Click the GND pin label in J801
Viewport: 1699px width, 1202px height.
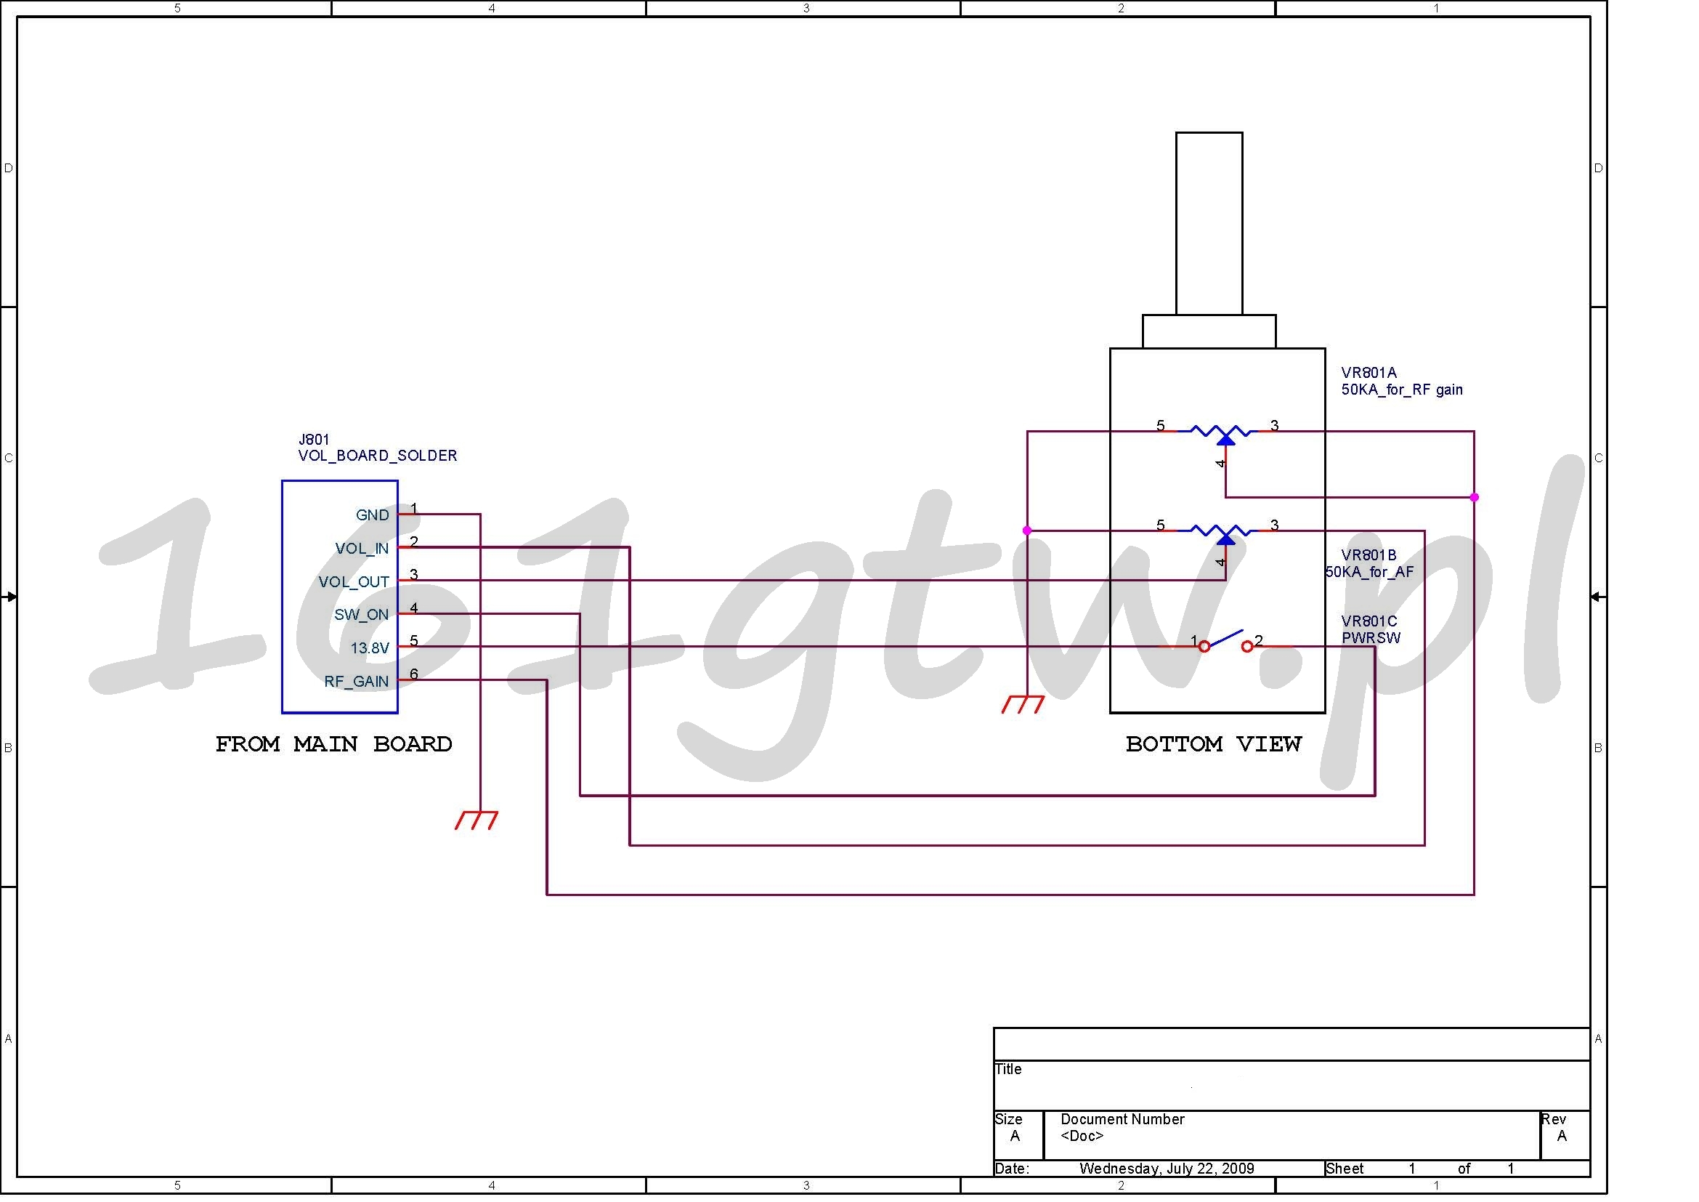click(x=372, y=515)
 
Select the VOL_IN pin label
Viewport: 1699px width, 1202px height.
click(x=362, y=549)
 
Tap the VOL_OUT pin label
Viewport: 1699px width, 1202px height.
click(x=354, y=582)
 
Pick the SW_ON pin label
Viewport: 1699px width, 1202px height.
click(x=361, y=614)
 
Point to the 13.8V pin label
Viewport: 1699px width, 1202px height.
click(x=369, y=648)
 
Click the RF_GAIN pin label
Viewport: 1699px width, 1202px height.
click(x=356, y=682)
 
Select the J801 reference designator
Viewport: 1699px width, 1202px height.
click(x=314, y=440)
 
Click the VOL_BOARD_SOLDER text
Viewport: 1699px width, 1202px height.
click(x=378, y=456)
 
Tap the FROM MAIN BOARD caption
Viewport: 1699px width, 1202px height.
click(x=333, y=744)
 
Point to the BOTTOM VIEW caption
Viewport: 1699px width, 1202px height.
click(x=1214, y=744)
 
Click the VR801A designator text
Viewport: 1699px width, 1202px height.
click(x=1369, y=373)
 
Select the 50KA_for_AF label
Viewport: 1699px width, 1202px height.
click(x=1369, y=572)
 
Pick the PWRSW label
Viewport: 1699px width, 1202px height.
click(x=1371, y=638)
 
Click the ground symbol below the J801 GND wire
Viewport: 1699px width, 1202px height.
click(x=477, y=820)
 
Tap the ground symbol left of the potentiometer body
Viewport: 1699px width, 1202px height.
click(x=1023, y=704)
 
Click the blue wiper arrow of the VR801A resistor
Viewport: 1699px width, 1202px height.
click(x=1225, y=440)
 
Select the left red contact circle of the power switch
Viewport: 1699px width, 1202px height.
click(x=1204, y=647)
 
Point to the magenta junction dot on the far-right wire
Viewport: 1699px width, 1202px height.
click(x=1474, y=497)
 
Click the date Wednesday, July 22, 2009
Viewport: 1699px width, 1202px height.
click(x=1167, y=1169)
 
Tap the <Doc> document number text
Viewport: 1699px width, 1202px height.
click(x=1082, y=1136)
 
